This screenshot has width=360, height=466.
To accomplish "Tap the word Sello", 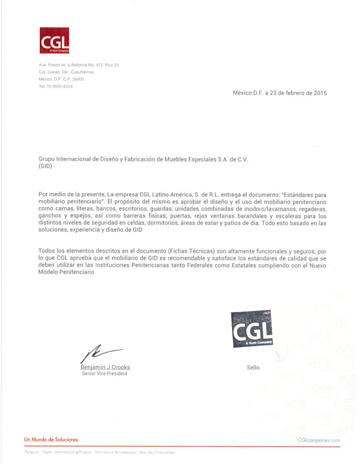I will click(x=253, y=368).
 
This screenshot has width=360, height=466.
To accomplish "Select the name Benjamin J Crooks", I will click(x=105, y=367).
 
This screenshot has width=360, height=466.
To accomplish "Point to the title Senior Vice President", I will click(x=104, y=374).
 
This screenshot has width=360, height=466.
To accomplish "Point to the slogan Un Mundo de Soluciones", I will click(x=51, y=439).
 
